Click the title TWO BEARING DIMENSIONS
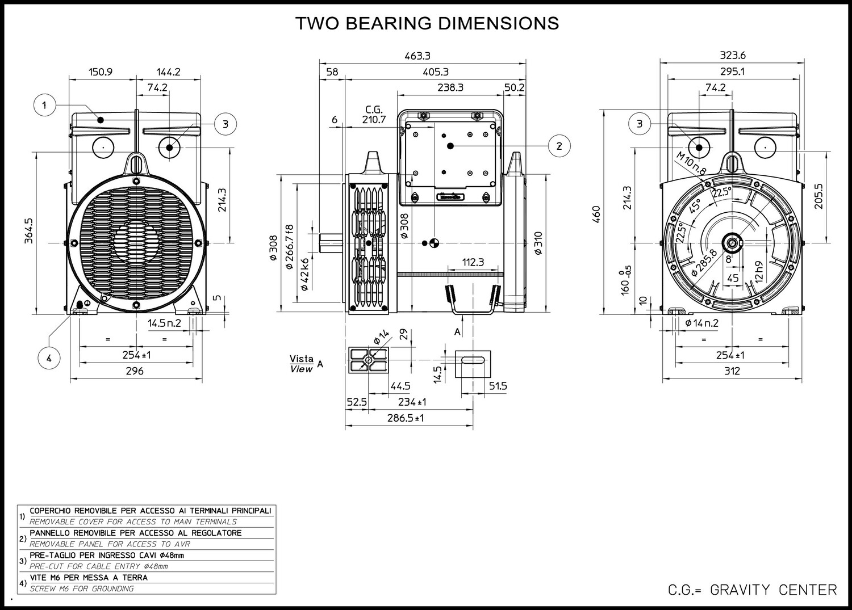click(427, 23)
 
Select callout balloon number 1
click(44, 105)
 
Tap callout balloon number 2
click(559, 146)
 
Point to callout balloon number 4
click(49, 358)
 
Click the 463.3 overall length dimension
click(417, 56)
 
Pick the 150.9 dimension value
click(101, 72)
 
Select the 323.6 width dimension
click(733, 56)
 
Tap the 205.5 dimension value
click(818, 196)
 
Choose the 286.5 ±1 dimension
click(407, 418)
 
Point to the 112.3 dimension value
click(473, 262)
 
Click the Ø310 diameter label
click(538, 242)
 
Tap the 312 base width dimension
click(732, 371)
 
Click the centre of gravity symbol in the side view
click(434, 243)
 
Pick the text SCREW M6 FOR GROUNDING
click(82, 588)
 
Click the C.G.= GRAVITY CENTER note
click(752, 590)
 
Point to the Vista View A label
click(302, 364)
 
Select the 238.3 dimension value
click(450, 87)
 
